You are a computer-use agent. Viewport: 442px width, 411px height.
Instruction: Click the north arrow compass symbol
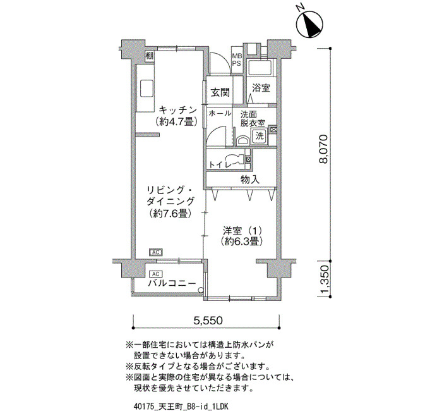tap(311, 24)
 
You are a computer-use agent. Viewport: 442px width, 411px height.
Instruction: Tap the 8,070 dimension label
tap(324, 150)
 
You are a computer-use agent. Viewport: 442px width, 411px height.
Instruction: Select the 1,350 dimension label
tap(324, 279)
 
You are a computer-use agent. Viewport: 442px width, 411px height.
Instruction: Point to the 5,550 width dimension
tap(208, 320)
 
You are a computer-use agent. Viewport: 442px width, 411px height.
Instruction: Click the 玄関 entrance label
tap(220, 92)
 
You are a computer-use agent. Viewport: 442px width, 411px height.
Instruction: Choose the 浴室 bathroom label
tap(261, 88)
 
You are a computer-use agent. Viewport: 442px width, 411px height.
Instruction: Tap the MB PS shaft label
tap(237, 60)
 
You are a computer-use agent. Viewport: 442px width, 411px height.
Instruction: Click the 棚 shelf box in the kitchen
tap(149, 56)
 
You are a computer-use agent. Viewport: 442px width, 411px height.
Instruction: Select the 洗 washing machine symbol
tap(260, 136)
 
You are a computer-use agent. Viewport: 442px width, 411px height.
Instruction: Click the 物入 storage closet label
tap(250, 180)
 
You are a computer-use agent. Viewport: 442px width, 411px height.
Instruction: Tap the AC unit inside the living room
tap(156, 252)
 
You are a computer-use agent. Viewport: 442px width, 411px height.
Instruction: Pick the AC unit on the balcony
tap(156, 274)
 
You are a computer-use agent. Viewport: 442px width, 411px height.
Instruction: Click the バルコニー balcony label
tap(172, 283)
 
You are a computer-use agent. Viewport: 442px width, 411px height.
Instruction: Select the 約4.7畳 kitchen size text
tap(176, 121)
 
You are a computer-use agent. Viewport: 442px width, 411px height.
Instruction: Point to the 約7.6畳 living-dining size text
tap(170, 214)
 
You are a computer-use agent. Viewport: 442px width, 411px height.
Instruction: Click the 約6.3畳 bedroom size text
tap(242, 242)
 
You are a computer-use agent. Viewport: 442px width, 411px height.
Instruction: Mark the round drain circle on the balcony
tap(201, 290)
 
